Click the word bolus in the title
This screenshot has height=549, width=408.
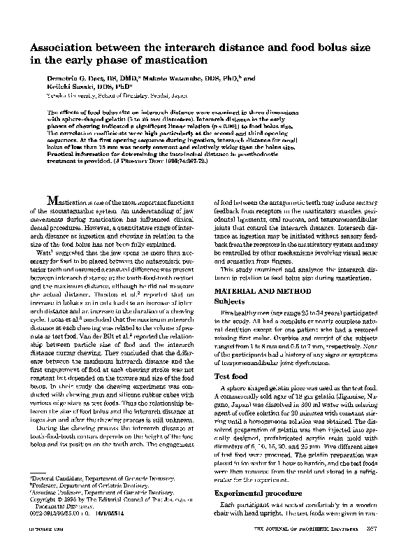coord(300,46)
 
